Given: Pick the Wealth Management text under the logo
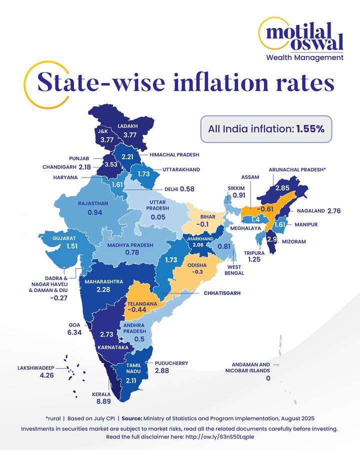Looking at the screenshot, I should click(311, 57).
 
